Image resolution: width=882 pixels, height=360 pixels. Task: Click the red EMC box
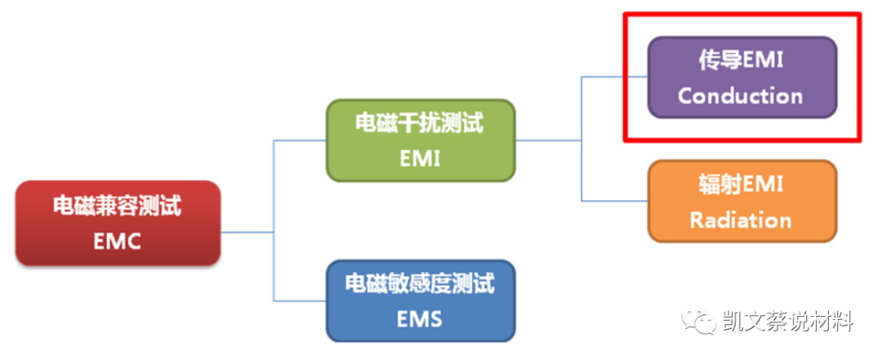(x=118, y=223)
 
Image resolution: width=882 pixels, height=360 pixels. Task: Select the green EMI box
(x=421, y=140)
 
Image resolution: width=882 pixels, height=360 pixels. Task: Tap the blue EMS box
(x=421, y=300)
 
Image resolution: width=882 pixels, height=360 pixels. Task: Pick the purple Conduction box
(x=742, y=78)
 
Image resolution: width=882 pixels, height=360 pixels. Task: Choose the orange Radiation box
(x=742, y=201)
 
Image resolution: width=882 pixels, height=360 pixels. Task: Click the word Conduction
(x=741, y=96)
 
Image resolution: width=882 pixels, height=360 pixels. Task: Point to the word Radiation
(x=741, y=220)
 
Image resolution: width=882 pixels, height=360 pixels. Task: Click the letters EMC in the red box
(x=118, y=242)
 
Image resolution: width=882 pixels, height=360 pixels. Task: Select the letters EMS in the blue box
(x=421, y=318)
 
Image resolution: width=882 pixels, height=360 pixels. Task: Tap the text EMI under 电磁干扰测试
(x=421, y=158)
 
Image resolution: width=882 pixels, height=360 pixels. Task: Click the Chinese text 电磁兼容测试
(x=118, y=205)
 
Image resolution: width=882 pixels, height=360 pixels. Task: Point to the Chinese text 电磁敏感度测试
(x=421, y=283)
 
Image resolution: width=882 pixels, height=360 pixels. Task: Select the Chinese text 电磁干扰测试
(x=421, y=123)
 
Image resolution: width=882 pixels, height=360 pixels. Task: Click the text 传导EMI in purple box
(x=741, y=60)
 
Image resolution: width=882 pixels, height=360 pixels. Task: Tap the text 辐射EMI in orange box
(x=741, y=184)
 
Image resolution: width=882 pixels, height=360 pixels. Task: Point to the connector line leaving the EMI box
(x=547, y=140)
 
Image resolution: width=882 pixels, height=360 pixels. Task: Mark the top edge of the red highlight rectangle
(x=742, y=14)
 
